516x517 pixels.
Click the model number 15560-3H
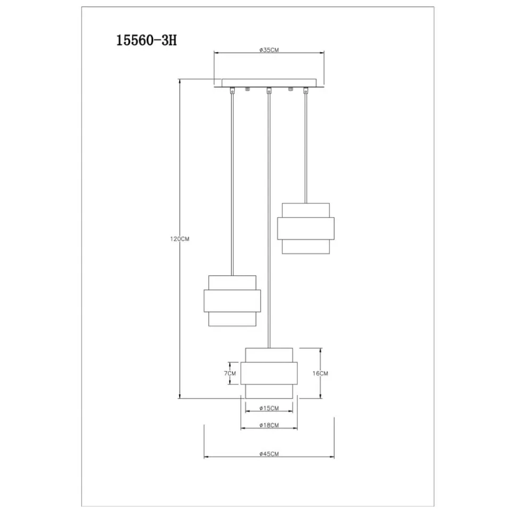(147, 40)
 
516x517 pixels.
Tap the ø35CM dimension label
(269, 50)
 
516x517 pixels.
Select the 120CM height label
(180, 239)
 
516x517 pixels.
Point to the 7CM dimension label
(230, 373)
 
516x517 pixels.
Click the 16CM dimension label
(320, 373)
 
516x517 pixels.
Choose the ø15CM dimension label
(269, 408)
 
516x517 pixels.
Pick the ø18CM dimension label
(269, 425)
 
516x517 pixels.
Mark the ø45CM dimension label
(269, 454)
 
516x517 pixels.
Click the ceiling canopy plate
(269, 83)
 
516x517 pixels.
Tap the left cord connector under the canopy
(232, 91)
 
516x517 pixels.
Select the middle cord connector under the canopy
(269, 91)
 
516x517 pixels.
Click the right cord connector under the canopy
(306, 91)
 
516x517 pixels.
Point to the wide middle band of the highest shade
(306, 228)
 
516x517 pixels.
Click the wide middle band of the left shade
(232, 301)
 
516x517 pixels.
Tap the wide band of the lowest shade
(269, 373)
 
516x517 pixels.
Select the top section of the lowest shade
(269, 355)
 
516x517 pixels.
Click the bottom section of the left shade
(232, 319)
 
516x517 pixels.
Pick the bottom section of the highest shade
(306, 247)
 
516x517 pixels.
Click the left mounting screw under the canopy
(247, 89)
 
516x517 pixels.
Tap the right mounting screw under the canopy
(290, 89)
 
